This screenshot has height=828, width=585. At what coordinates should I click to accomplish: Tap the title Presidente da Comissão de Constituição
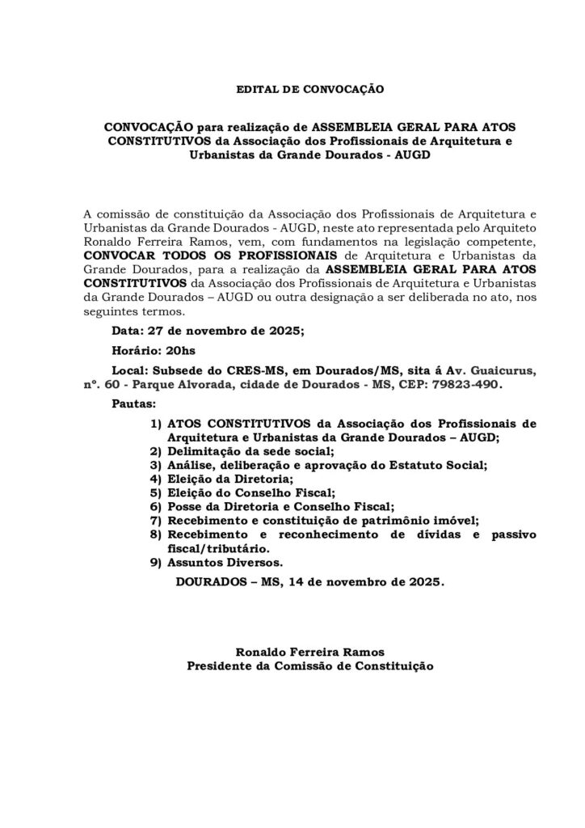pyautogui.click(x=310, y=667)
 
